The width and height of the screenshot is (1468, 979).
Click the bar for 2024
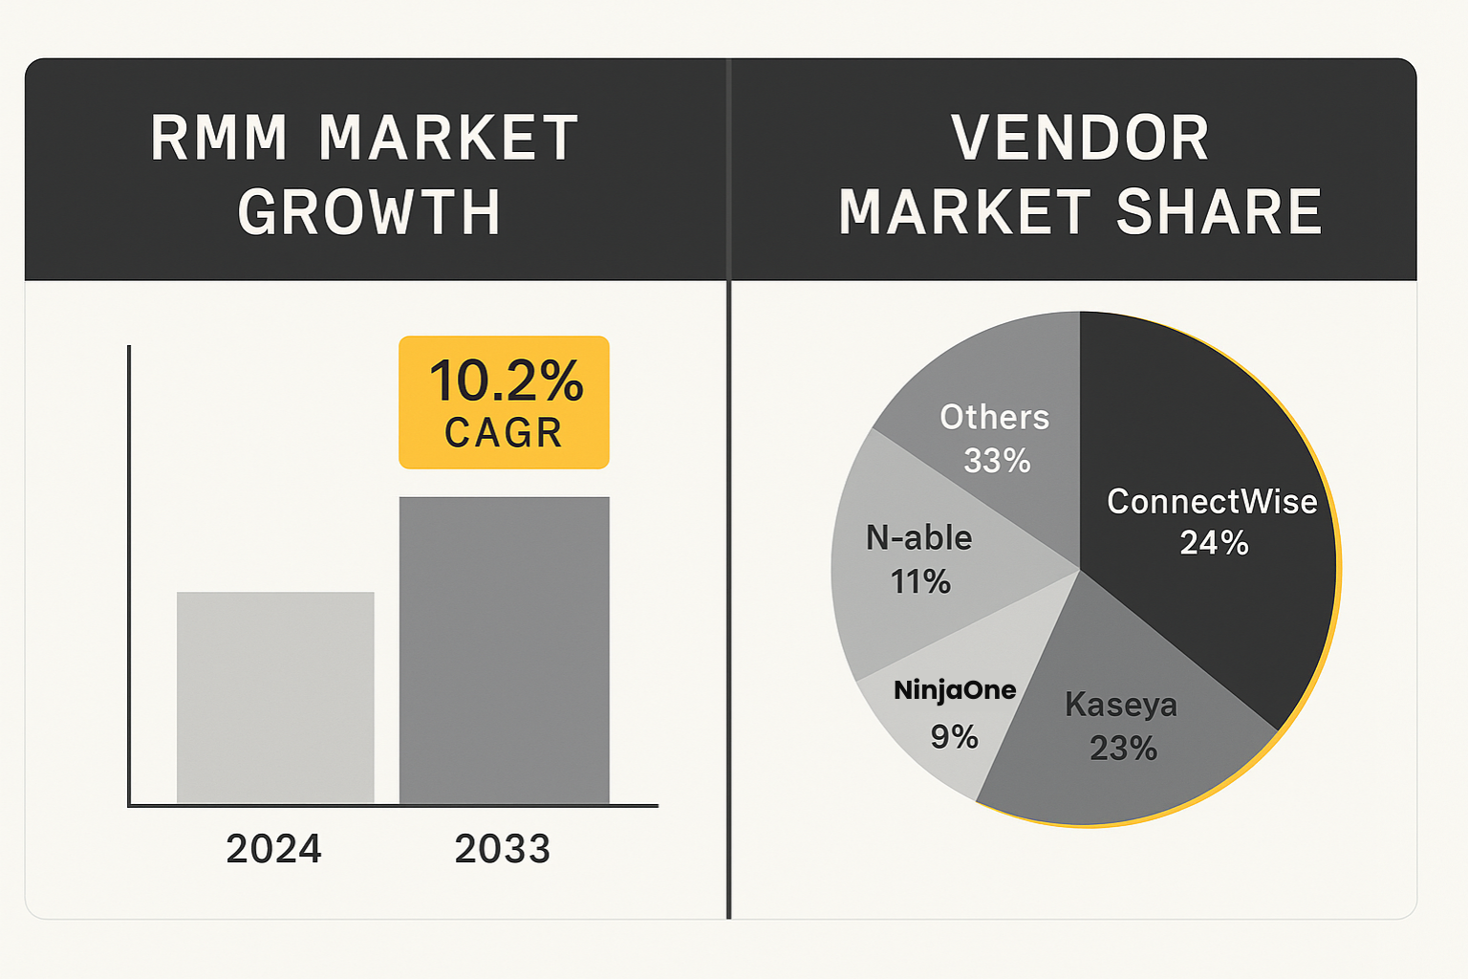tap(275, 697)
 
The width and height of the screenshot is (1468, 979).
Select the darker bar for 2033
tap(504, 650)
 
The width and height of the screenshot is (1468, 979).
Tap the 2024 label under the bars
tap(273, 849)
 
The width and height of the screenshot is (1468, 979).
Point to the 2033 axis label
tap(503, 849)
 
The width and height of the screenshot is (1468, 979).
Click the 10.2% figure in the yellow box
tap(506, 381)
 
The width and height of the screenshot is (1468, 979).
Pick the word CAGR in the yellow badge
tap(504, 433)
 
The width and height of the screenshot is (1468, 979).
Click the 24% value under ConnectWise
tap(1214, 543)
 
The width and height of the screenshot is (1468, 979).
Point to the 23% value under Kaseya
tap(1123, 748)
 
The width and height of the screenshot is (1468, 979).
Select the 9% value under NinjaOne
tap(954, 736)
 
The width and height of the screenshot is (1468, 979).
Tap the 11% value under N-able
tap(920, 581)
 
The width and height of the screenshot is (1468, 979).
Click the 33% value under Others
tap(997, 461)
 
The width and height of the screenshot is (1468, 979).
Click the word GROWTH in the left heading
tap(369, 212)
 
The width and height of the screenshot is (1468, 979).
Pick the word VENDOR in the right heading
tap(1080, 138)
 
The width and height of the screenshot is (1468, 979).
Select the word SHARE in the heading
tap(1219, 212)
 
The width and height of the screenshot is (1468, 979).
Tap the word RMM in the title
tap(219, 138)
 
